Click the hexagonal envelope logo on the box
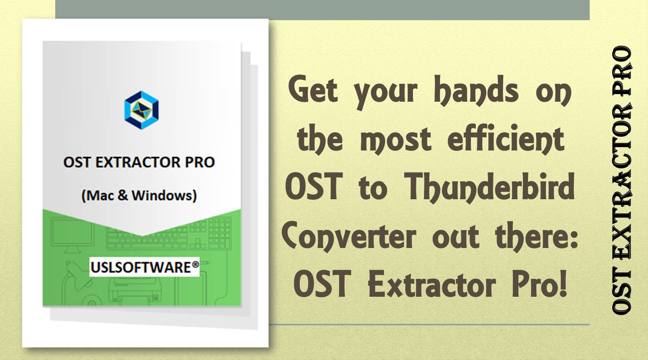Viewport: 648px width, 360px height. click(x=141, y=110)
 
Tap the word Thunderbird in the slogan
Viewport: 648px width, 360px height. click(x=489, y=187)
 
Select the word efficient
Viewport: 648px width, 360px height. click(x=506, y=139)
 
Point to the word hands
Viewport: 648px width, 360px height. click(x=476, y=90)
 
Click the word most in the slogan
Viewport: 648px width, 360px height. click(x=395, y=140)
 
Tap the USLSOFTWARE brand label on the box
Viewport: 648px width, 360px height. click(x=140, y=267)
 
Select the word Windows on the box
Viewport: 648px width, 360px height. click(x=164, y=195)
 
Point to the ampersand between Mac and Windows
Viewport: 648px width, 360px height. click(x=123, y=195)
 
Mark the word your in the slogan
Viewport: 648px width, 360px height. click(x=385, y=92)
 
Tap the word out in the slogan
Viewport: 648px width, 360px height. click(x=455, y=237)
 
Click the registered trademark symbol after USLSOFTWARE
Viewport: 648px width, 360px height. click(x=195, y=264)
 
